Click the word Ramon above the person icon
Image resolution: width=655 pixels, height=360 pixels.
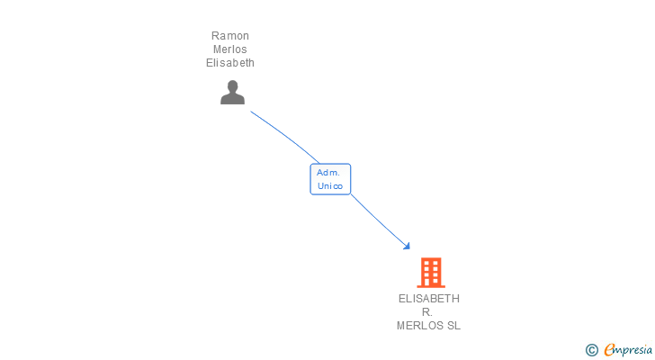click(x=230, y=36)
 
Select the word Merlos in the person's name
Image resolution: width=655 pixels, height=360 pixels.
click(x=230, y=49)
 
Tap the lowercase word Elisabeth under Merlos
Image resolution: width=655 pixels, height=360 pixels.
click(x=230, y=63)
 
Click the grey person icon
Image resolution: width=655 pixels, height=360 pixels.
click(x=233, y=93)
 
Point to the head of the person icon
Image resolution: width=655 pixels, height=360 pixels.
click(x=233, y=86)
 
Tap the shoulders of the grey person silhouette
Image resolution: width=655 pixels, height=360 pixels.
click(x=233, y=99)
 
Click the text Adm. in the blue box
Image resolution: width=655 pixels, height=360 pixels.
click(x=328, y=173)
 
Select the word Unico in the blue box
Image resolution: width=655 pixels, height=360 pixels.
click(x=330, y=185)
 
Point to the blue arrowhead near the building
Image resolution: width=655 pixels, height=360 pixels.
click(x=407, y=247)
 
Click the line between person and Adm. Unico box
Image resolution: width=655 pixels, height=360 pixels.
click(x=286, y=136)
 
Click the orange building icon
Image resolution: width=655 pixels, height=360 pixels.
click(x=431, y=273)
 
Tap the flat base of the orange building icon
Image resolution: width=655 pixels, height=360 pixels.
click(x=431, y=286)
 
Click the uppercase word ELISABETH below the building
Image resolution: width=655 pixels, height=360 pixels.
click(x=429, y=299)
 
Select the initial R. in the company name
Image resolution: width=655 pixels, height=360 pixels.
click(x=426, y=312)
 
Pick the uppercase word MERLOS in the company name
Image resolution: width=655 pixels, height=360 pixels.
click(x=420, y=325)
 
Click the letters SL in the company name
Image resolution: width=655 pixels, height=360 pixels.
click(x=453, y=325)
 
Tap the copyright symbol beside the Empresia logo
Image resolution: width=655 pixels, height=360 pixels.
click(x=592, y=350)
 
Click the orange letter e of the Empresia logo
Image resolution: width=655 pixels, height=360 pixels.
click(x=609, y=349)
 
